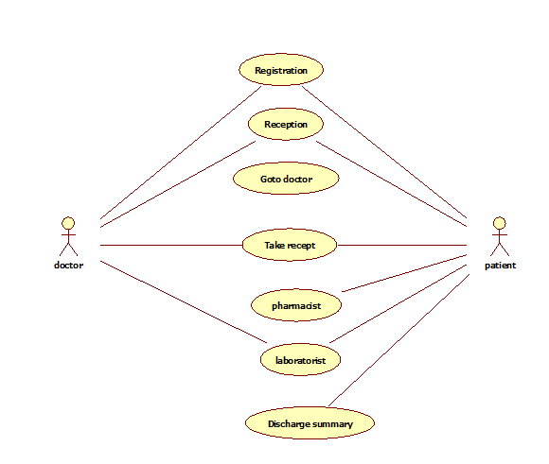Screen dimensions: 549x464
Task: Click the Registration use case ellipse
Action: [x=281, y=70]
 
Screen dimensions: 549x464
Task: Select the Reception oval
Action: [x=286, y=124]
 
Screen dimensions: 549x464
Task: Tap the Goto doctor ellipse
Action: [x=286, y=179]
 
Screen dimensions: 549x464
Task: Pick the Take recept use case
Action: [x=290, y=245]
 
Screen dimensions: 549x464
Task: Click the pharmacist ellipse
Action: [x=296, y=305]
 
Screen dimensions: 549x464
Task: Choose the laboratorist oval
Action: [x=300, y=360]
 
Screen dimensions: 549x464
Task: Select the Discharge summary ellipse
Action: [x=310, y=423]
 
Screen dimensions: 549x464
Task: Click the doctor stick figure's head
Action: [x=68, y=223]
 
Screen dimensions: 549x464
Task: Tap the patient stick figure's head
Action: [x=500, y=223]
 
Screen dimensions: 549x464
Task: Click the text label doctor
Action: [x=68, y=265]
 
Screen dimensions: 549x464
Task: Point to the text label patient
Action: [x=500, y=266]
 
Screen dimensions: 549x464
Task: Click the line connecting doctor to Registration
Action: [x=181, y=153]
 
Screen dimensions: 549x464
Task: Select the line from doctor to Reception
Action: [x=178, y=184]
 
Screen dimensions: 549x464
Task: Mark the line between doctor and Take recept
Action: [x=171, y=245]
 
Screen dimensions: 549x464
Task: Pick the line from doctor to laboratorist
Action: [x=184, y=301]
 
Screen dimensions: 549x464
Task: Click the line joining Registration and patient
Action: [x=384, y=152]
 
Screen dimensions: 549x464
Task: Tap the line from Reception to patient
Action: [x=392, y=184]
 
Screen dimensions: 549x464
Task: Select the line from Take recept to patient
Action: [x=402, y=245]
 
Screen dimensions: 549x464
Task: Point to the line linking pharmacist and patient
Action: [x=404, y=273]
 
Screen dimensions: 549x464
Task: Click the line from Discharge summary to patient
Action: [x=398, y=340]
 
